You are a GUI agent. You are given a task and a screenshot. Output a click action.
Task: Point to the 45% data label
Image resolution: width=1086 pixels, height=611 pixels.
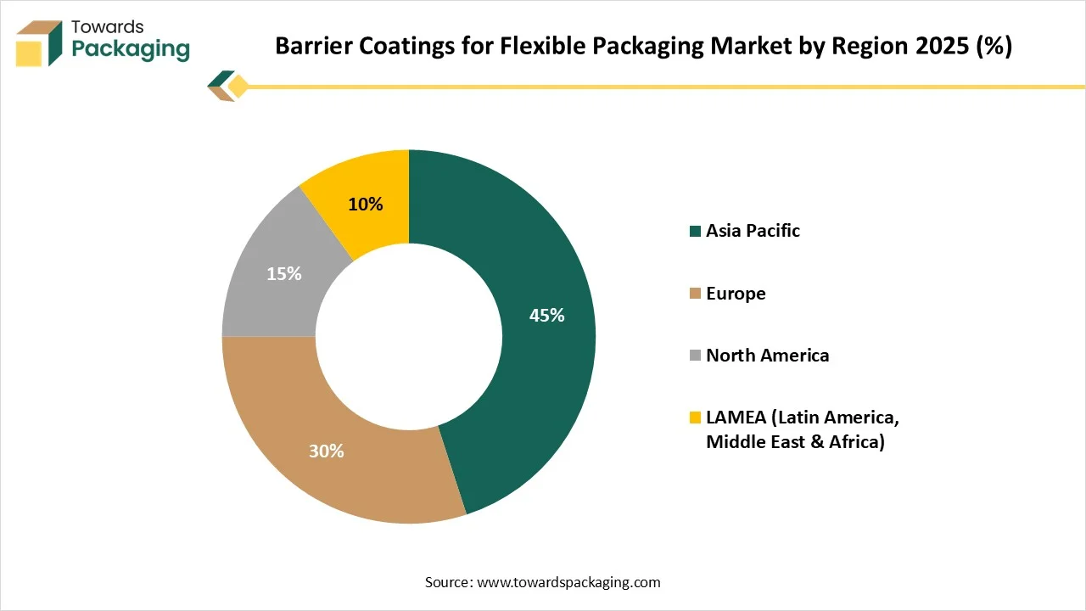(546, 316)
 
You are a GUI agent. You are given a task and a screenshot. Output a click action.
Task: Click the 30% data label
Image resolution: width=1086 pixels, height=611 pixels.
(326, 451)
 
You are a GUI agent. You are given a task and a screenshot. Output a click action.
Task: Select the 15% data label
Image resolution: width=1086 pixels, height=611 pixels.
(283, 274)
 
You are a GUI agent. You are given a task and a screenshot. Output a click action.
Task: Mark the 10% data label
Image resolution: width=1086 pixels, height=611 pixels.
(366, 205)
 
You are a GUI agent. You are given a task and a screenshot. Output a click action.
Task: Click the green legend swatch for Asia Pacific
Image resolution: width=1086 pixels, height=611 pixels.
(696, 231)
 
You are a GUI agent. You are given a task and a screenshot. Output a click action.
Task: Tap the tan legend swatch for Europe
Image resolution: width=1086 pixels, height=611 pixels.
(696, 294)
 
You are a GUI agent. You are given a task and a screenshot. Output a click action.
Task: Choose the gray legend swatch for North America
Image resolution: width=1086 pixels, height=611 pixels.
(696, 356)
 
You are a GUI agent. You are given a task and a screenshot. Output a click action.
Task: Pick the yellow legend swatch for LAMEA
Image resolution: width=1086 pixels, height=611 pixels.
(696, 418)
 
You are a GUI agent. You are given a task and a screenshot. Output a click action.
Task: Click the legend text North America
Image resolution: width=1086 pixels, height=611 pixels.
(767, 356)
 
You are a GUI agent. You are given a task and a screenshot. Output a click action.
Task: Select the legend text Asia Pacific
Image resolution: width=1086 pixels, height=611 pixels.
(753, 231)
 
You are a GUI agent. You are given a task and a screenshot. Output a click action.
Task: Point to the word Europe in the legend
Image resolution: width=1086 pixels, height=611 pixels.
(736, 294)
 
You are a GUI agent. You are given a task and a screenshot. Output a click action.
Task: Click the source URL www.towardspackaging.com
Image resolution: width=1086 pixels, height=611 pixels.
(568, 582)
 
